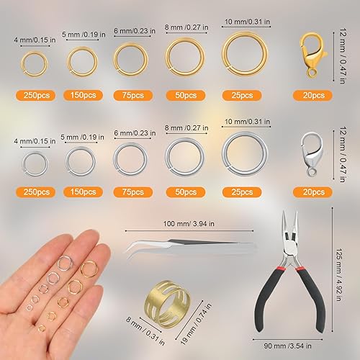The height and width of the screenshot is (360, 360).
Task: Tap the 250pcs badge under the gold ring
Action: (x=33, y=94)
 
